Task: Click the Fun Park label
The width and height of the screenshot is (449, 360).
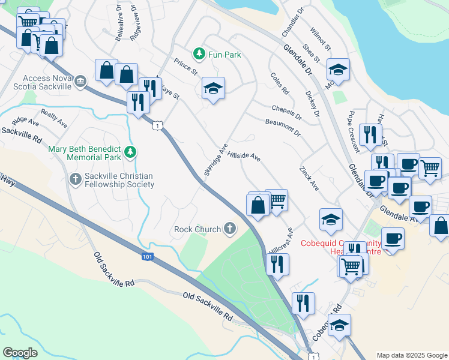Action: [x=224, y=55]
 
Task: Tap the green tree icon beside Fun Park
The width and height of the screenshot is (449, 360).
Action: [x=199, y=55]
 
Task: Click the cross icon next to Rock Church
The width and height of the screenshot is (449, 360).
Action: [x=229, y=229]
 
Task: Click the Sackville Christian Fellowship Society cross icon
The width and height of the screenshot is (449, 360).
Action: [x=75, y=178]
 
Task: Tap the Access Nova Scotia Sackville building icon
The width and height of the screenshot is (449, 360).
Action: [x=80, y=80]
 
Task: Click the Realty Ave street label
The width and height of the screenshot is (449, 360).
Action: [x=54, y=118]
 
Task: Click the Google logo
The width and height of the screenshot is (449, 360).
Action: [x=20, y=353]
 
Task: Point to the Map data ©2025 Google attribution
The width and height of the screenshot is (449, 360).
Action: [x=411, y=355]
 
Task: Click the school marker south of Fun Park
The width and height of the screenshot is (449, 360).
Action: [x=213, y=88]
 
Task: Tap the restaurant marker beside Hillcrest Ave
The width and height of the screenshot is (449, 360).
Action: [x=277, y=264]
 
